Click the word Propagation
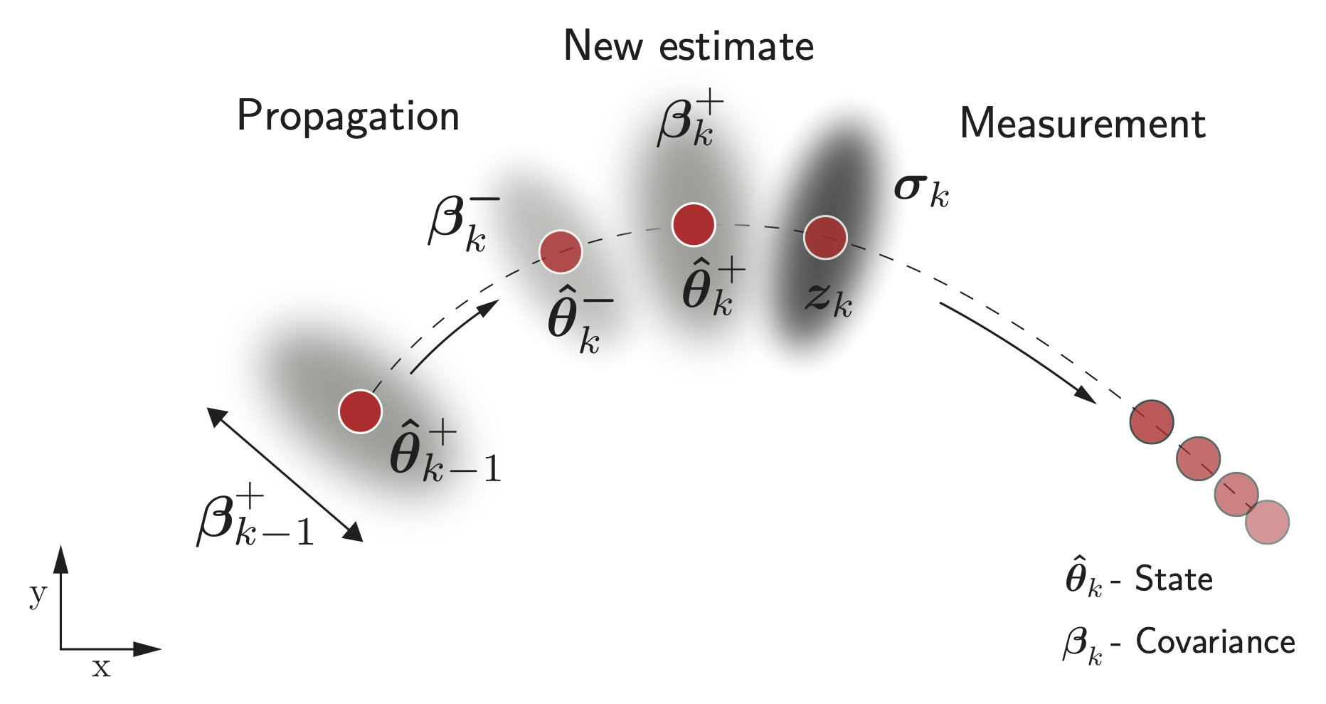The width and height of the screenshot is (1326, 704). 348,117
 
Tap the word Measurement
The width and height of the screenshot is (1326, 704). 1082,124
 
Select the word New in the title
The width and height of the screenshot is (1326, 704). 604,46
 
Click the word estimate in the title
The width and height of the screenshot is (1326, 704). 736,47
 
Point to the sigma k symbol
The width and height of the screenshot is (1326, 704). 921,190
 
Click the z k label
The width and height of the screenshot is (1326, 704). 829,299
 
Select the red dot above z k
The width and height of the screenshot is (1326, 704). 825,237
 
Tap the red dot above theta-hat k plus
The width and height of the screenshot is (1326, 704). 694,225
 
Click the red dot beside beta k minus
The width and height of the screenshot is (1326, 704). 561,252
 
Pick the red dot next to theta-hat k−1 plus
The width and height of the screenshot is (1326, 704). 360,411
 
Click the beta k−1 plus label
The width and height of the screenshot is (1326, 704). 254,516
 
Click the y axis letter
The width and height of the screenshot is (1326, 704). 38,593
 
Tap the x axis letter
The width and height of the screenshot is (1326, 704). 101,668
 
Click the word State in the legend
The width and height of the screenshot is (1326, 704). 1173,579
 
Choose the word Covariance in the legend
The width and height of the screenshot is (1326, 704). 1215,642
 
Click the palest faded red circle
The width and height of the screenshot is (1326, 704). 1267,522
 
